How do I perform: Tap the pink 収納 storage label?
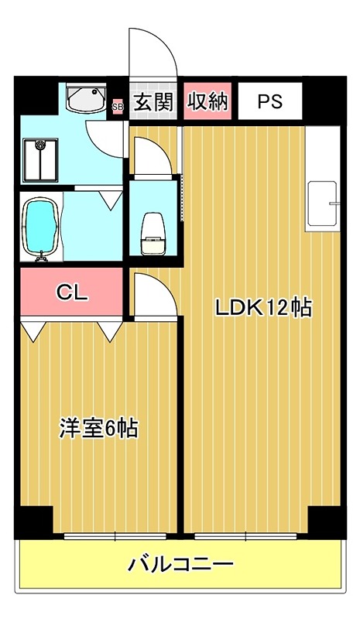[x=207, y=102]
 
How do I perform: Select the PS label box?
[x=269, y=102]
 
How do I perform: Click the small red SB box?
[x=118, y=105]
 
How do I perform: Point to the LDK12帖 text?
[x=262, y=308]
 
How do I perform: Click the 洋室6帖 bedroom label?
[x=98, y=428]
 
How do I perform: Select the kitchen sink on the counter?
[x=324, y=205]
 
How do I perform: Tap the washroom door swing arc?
[x=105, y=135]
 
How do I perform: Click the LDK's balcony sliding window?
[x=245, y=535]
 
